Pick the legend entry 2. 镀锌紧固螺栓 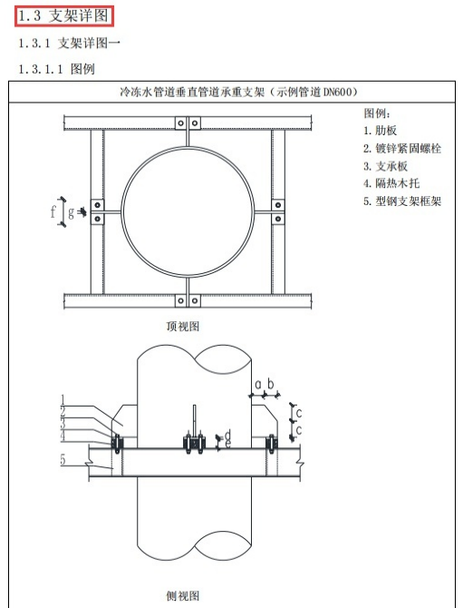pos(402,148)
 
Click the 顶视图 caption pos(182,326)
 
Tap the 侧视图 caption pos(182,595)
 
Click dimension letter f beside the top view pos(53,212)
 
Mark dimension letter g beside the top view pos(72,212)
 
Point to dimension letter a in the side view pos(257,385)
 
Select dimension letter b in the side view pos(270,385)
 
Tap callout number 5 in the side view pos(63,460)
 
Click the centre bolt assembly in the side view pos(193,442)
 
